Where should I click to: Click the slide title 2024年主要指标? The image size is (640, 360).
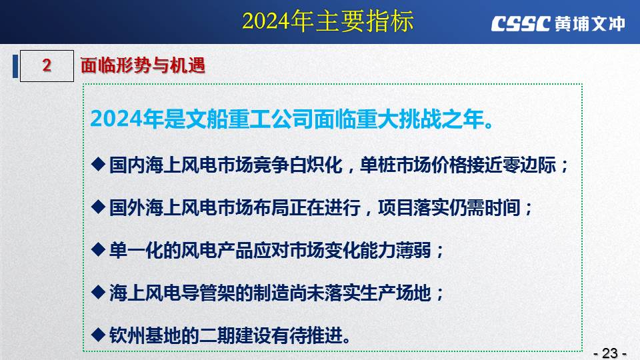tap(328, 21)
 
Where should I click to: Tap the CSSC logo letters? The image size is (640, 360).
tap(521, 24)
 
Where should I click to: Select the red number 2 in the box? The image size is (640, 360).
tap(47, 65)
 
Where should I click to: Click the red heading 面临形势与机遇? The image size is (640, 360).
tap(143, 65)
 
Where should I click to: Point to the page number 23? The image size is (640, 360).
tap(610, 353)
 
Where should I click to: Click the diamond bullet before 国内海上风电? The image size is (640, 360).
tap(98, 164)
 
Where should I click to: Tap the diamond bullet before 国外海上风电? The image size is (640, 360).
tap(98, 207)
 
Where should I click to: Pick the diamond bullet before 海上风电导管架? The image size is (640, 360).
tap(98, 292)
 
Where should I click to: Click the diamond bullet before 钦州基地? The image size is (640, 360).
tap(98, 334)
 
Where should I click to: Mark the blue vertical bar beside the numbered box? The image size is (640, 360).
tap(15, 66)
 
